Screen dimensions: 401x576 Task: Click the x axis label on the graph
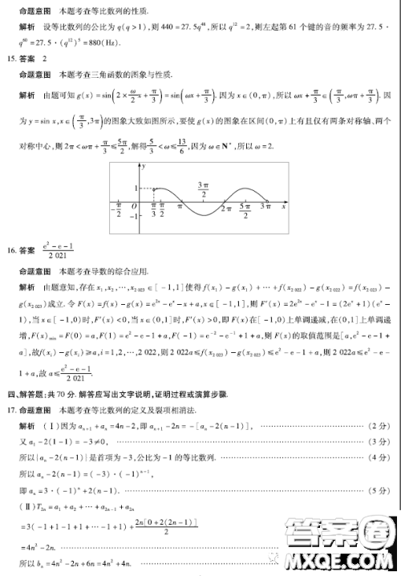tap(284, 206)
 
